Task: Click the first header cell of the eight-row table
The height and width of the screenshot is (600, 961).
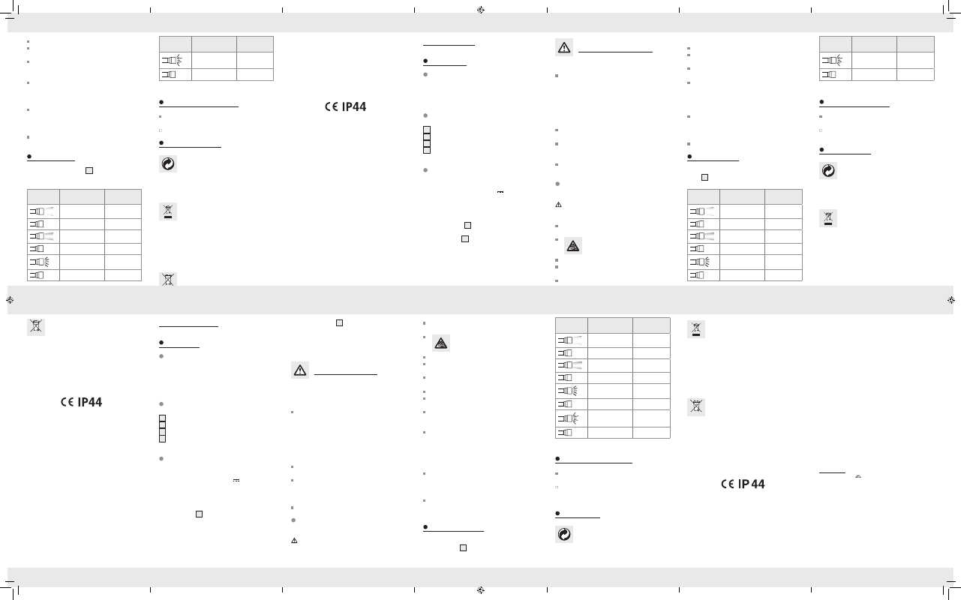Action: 572,325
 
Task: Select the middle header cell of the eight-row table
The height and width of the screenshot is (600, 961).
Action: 610,325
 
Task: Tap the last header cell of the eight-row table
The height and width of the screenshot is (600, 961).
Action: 651,325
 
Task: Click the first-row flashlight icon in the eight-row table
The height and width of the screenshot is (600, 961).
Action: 569,340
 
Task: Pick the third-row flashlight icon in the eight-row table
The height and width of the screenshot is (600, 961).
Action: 569,365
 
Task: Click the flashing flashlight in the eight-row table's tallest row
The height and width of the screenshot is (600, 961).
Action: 568,418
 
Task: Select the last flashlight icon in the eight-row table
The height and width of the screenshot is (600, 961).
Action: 565,432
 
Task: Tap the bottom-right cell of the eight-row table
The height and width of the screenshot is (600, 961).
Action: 651,432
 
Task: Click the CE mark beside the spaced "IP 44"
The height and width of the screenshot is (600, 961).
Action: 728,484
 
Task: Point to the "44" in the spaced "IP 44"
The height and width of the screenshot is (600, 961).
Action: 758,484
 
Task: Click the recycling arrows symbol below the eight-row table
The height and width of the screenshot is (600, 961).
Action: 564,535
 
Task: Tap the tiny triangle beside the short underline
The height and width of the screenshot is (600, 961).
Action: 858,476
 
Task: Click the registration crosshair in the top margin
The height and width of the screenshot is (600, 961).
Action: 480,10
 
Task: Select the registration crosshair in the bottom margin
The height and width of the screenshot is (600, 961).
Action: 480,590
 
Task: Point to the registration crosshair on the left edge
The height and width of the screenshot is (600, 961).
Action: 10,300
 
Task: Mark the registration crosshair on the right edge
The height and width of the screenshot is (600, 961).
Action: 951,300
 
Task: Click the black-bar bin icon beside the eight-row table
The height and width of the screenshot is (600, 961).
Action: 696,329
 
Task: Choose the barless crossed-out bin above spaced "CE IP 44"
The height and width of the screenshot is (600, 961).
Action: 696,407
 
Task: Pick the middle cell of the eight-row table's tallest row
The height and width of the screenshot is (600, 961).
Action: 610,418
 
